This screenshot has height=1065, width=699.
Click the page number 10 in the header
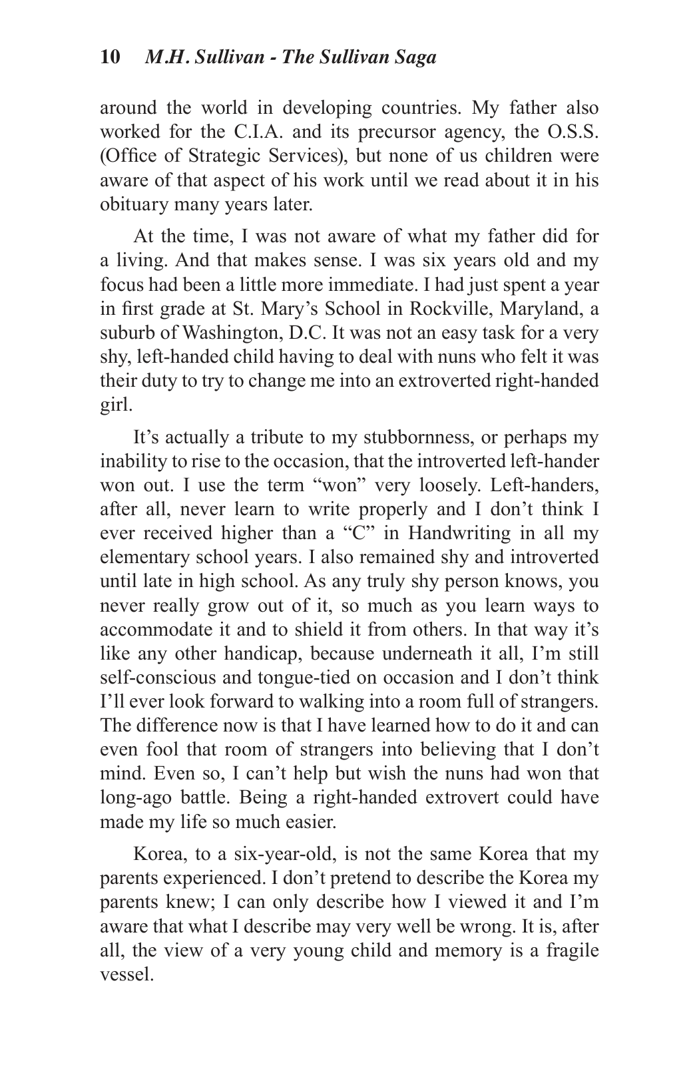110,57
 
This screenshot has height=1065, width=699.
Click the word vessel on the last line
125,974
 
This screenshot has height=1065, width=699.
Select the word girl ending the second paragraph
114,405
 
